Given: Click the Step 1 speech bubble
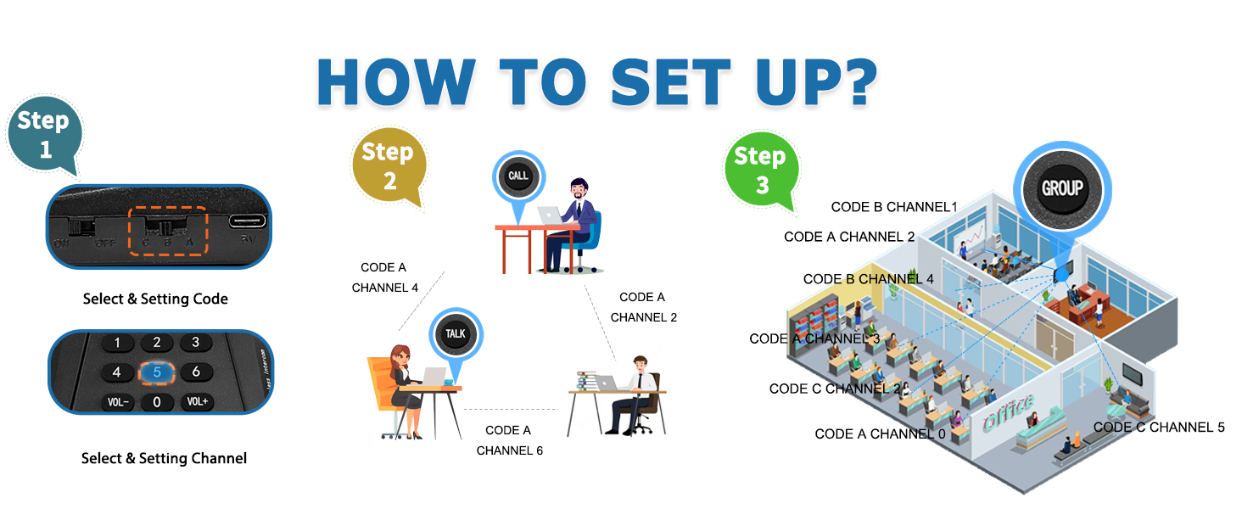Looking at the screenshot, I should coord(44,134).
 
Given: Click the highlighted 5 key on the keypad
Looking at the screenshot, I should coord(157,372).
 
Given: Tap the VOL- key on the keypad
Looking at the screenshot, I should coord(117,401).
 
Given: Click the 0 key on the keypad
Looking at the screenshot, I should coord(157,401).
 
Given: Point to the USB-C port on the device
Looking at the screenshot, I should coord(247,221).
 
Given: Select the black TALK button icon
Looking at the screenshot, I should coord(456,333).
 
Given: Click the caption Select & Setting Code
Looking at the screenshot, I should coord(155,299).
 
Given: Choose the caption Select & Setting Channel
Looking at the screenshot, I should coord(164,458).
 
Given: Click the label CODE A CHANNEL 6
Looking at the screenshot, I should coord(509,440).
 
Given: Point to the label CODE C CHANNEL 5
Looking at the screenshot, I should coord(1159,427).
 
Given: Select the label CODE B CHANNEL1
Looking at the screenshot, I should coord(894,207).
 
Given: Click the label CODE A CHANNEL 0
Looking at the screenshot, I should coord(880,433).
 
